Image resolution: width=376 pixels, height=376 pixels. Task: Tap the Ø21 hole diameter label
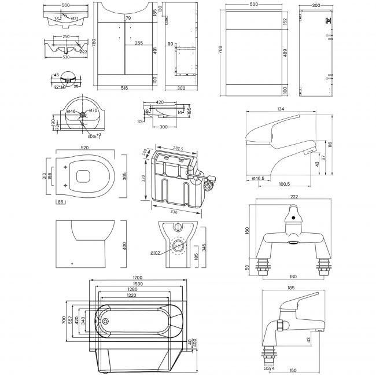75,19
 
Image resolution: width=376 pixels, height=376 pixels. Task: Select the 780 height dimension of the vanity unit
93,43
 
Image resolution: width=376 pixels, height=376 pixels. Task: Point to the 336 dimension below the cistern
174,212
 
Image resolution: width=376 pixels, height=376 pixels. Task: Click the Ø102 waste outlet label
158,252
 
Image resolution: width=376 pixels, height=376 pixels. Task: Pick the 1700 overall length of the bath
137,278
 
